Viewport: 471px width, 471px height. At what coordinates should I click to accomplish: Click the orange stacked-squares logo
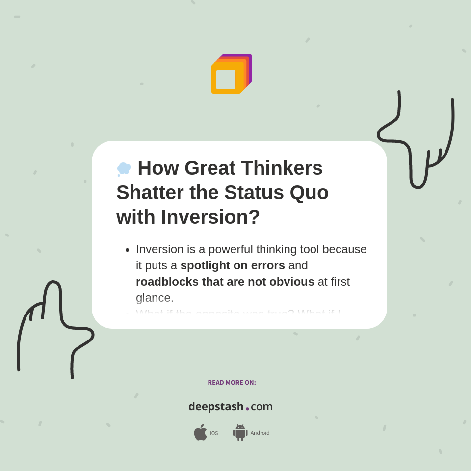coord(231,75)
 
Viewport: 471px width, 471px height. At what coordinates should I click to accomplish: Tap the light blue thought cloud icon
coord(124,169)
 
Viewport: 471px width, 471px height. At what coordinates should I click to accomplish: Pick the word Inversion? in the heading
coord(210,217)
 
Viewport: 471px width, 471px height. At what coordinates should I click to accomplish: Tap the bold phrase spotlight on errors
coord(233,265)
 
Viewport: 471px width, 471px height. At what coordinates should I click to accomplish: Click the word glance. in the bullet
coord(155,298)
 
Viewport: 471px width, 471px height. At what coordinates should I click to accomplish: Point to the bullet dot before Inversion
coord(128,250)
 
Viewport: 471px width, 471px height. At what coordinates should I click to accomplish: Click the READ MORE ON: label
coord(232,383)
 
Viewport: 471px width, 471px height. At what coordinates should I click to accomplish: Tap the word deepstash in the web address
coord(216,407)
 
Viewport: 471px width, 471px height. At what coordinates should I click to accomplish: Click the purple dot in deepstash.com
coord(247,409)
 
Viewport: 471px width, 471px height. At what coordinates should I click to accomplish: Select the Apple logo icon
coord(200,433)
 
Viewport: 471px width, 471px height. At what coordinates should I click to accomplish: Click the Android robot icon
coord(240,433)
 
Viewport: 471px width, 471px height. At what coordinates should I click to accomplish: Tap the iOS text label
coord(214,433)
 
